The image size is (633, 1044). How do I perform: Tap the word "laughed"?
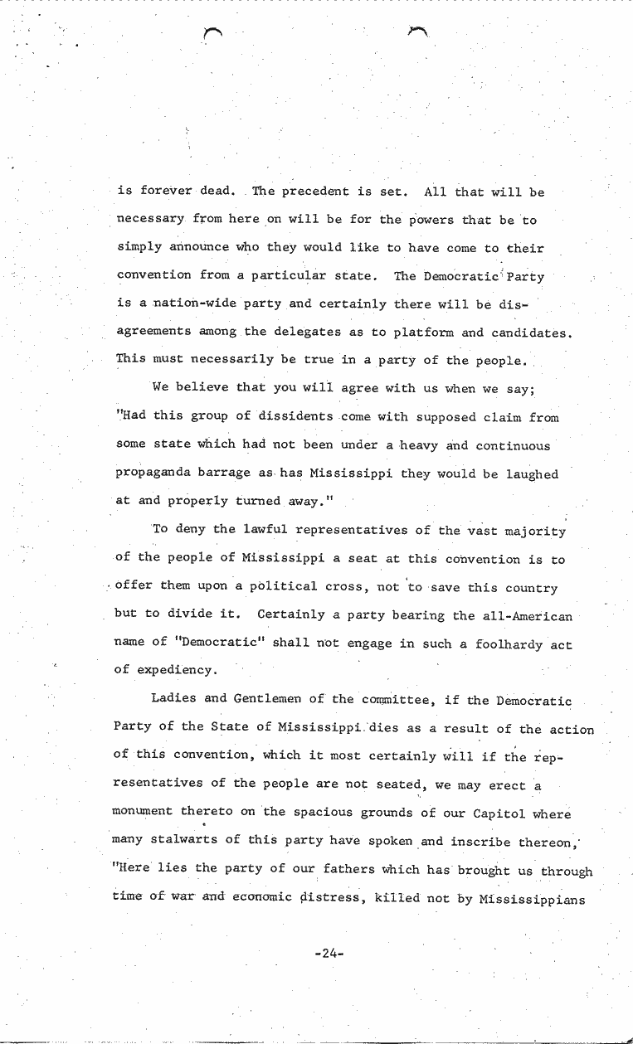528,474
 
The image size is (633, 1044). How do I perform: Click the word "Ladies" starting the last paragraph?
174,700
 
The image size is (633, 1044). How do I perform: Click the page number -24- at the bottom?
329,954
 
